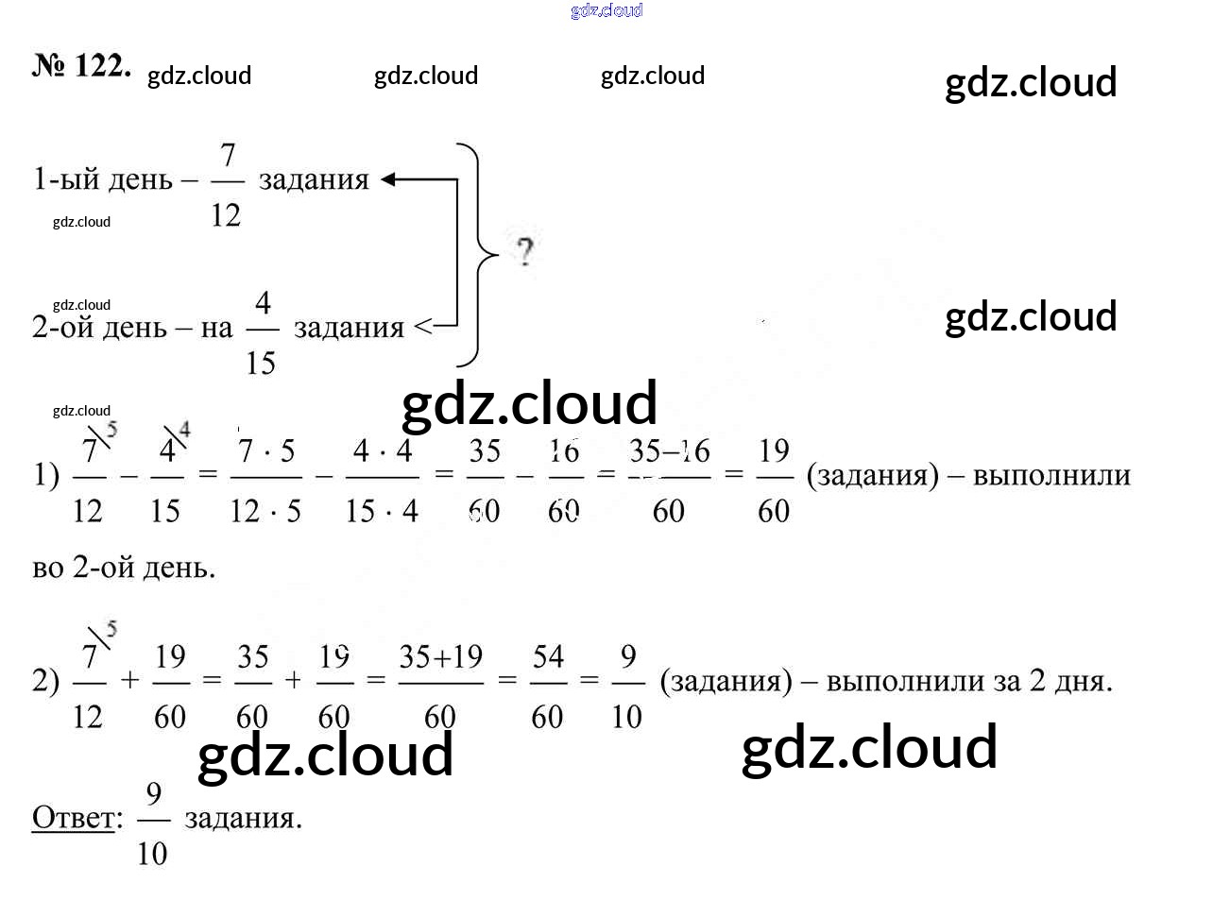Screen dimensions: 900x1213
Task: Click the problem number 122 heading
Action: click(x=81, y=66)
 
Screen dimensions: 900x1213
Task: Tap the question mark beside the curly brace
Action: click(x=524, y=252)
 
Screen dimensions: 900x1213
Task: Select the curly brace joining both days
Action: click(x=478, y=254)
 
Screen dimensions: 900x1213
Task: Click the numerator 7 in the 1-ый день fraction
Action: click(x=227, y=155)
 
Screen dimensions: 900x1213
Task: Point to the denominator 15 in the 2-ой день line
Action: click(x=261, y=363)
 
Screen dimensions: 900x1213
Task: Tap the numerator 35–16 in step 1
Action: click(x=669, y=451)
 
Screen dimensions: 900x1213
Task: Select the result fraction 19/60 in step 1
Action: click(x=774, y=480)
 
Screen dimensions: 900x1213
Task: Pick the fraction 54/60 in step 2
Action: click(x=547, y=686)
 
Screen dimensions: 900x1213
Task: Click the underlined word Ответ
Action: click(x=74, y=818)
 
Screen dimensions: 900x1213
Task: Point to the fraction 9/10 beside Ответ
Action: click(x=152, y=824)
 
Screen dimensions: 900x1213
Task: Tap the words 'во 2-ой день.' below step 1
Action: click(x=124, y=568)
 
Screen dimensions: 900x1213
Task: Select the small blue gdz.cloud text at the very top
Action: click(x=606, y=10)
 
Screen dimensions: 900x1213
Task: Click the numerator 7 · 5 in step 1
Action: click(x=265, y=451)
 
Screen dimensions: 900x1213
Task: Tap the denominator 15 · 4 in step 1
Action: click(x=382, y=512)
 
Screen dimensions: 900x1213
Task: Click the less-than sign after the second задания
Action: click(x=423, y=328)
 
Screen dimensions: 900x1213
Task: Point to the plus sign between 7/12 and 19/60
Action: click(x=129, y=680)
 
